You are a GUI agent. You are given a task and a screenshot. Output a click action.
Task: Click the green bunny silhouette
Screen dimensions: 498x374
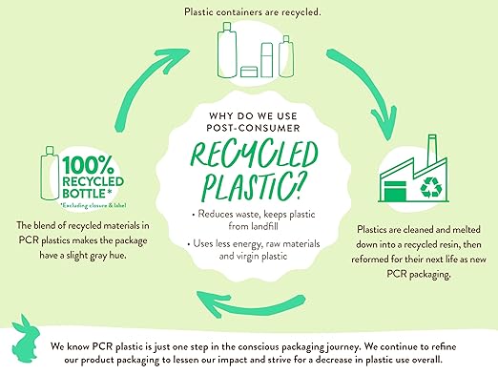[x=25, y=341]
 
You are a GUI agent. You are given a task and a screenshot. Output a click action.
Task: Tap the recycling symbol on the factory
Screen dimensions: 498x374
[x=431, y=187]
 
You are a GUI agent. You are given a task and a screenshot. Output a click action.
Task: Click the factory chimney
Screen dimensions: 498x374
[x=432, y=150]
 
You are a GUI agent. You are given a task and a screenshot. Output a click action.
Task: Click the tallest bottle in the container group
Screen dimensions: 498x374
[x=227, y=50]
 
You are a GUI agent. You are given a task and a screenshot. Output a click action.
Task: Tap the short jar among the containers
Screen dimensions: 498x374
[x=249, y=72]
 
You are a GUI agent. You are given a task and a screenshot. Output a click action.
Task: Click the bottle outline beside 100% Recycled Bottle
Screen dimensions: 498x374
[x=50, y=174]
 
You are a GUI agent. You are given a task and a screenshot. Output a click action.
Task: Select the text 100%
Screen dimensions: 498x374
[x=88, y=165]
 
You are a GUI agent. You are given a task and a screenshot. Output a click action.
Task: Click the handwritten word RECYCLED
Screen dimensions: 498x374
[x=254, y=155]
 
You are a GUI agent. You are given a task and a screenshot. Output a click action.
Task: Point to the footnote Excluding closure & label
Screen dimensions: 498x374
[x=93, y=205]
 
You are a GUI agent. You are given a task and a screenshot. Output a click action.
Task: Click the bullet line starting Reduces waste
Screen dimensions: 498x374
[x=253, y=219]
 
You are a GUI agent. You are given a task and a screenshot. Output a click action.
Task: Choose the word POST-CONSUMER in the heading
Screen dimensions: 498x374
[x=253, y=128]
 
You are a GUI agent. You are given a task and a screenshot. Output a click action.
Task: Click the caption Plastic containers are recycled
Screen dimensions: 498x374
[x=253, y=12]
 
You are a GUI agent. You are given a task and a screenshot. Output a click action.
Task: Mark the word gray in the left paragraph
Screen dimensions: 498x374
[x=98, y=256]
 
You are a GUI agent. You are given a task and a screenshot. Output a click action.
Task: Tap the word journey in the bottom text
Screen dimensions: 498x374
[x=342, y=347]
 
